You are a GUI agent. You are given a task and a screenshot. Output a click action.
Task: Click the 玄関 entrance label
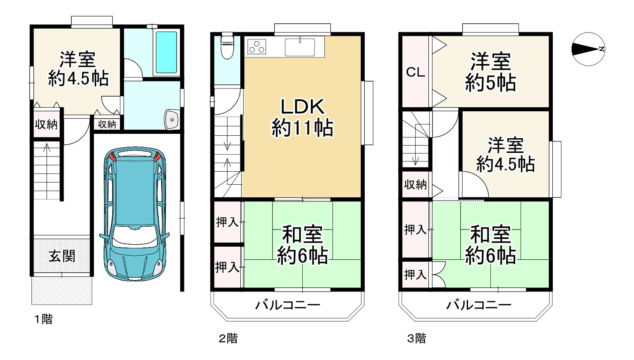[62, 256]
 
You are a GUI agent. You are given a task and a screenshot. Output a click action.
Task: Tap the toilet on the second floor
[227, 46]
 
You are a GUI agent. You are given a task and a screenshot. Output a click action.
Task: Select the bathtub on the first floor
[166, 52]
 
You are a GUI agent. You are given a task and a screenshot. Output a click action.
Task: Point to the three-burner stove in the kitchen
[257, 46]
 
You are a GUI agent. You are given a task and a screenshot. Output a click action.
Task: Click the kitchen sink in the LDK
[300, 47]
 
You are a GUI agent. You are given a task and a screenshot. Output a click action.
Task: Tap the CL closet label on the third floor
[415, 73]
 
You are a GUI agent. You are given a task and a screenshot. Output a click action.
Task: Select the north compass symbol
[588, 49]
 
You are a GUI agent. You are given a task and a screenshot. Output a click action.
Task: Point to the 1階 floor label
[44, 319]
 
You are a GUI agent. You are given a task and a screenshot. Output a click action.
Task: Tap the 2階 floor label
[228, 338]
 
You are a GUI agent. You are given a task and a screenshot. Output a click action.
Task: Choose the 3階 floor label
[417, 338]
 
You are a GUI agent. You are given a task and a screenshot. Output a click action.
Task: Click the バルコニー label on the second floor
[288, 305]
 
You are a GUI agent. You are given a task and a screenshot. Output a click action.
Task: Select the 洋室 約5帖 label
[490, 72]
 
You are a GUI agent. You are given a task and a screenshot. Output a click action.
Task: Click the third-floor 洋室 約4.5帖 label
[505, 155]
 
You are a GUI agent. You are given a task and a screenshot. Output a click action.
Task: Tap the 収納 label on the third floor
[415, 185]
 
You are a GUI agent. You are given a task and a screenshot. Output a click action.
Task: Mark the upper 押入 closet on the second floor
[227, 222]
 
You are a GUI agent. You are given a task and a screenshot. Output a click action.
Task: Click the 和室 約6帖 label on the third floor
[490, 245]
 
